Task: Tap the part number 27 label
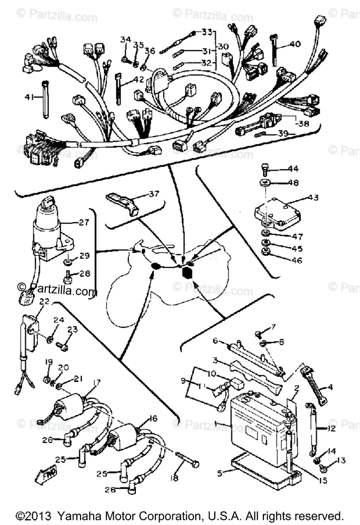coord(84,222)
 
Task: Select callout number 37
coord(154,193)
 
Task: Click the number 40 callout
coord(295,44)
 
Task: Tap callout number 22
coord(44,301)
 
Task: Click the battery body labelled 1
coord(258,420)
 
